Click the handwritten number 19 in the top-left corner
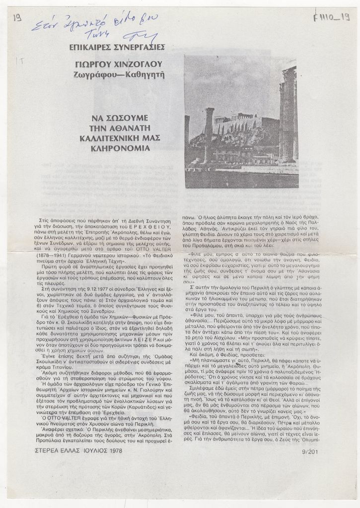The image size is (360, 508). tap(17, 18)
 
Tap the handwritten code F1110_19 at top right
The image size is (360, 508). tap(331, 18)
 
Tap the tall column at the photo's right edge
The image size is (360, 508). tap(288, 114)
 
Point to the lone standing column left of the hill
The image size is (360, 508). tap(209, 134)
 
